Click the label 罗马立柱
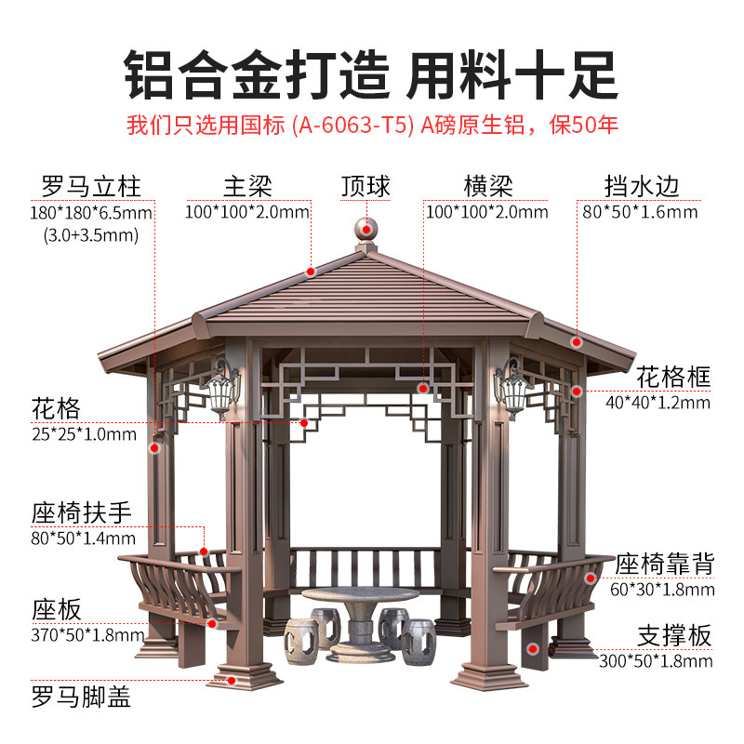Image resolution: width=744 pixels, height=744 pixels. [x=91, y=186]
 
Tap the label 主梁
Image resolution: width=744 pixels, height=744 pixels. [x=247, y=186]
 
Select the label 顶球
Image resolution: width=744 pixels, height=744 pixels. [x=365, y=186]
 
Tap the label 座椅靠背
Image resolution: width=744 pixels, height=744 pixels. [x=664, y=563]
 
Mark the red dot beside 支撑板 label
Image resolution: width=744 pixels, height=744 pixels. [x=533, y=647]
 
